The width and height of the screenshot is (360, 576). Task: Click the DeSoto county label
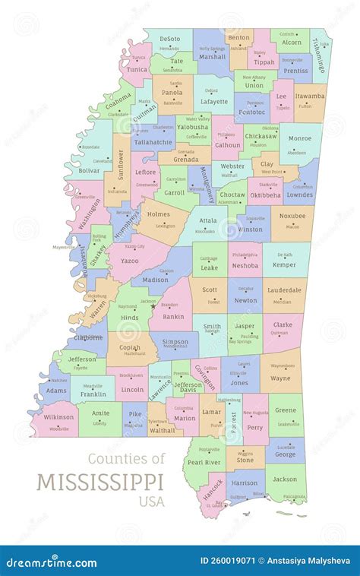(x=169, y=38)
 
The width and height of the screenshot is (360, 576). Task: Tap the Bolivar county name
(x=88, y=172)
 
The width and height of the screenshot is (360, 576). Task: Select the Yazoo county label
(x=129, y=260)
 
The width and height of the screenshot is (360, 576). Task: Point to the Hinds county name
(x=130, y=318)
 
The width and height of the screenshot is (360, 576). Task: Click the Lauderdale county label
(x=284, y=290)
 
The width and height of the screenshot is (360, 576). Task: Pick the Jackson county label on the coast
(x=285, y=479)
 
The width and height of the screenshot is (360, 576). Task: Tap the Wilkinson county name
(x=58, y=417)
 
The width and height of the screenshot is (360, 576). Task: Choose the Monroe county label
(x=299, y=139)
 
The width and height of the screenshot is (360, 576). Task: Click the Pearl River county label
(x=204, y=462)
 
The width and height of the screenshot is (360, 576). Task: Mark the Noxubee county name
(x=292, y=216)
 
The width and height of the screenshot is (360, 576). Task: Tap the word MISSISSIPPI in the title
(x=99, y=482)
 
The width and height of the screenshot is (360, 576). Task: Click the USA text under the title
(x=150, y=501)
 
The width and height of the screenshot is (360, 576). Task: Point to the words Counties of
(x=126, y=458)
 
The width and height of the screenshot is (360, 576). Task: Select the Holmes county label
(x=159, y=214)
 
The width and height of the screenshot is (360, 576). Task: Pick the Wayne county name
(x=280, y=377)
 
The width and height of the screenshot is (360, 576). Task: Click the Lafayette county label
(x=213, y=101)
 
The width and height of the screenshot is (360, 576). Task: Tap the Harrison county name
(x=244, y=483)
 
